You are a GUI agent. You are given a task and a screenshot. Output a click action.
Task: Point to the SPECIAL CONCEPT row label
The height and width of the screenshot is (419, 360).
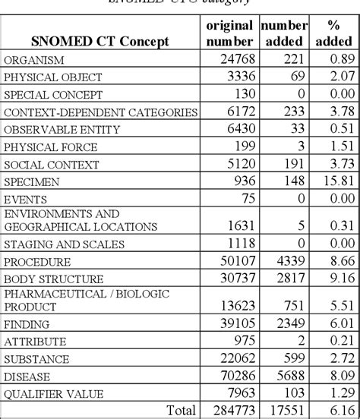coord(54,95)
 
